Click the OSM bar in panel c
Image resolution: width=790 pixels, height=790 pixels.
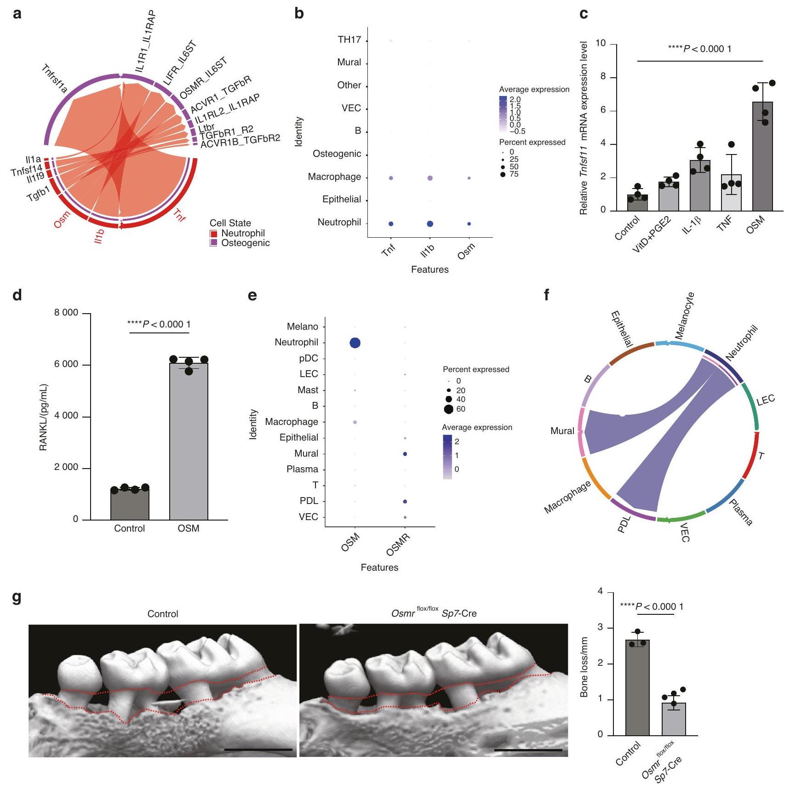762,156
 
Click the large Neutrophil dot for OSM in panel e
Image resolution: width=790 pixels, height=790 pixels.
355,343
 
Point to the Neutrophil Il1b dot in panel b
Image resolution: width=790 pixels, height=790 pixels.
429,224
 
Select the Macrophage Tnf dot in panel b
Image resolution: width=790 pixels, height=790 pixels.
391,178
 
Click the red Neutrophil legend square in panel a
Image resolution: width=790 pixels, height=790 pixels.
213,234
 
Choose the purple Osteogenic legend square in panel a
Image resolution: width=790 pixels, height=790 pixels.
213,243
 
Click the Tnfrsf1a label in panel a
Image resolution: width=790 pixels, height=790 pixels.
54,79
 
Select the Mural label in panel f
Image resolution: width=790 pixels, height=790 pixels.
562,431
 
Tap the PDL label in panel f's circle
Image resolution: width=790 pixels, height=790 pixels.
624,524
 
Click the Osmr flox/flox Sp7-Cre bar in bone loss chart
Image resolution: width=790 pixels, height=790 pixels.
674,719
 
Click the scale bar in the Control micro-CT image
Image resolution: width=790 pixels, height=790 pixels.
258,750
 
